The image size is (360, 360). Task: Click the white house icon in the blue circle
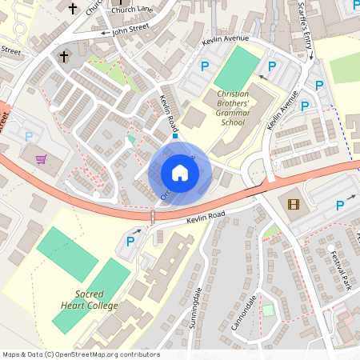[180, 173]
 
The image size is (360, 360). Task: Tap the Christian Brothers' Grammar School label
[222, 108]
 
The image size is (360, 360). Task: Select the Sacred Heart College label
[85, 300]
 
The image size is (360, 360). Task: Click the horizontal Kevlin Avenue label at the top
[226, 38]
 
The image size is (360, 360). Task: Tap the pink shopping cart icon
[41, 158]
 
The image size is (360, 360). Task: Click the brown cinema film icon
[293, 204]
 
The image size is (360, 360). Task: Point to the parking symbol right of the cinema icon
[339, 206]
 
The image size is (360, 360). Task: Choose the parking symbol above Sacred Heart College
[130, 242]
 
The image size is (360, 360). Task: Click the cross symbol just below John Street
[65, 57]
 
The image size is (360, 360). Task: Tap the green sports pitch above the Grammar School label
[236, 69]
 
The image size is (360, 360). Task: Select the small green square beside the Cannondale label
[268, 310]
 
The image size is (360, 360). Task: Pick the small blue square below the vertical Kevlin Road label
[175, 136]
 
